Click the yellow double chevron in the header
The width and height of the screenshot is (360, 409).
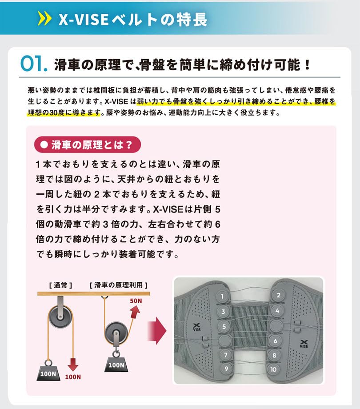[44, 18]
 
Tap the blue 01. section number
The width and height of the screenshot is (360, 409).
[34, 64]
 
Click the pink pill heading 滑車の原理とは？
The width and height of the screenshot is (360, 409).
[88, 144]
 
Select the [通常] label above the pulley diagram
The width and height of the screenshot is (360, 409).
[60, 285]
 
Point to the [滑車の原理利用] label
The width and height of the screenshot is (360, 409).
[119, 285]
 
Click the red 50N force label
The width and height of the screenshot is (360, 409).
[136, 301]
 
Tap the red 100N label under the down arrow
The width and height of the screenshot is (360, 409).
[73, 377]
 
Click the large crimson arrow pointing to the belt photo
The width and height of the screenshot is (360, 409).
[157, 331]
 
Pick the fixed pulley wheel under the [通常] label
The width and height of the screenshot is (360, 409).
[60, 317]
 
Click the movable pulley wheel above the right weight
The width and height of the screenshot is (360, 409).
[116, 333]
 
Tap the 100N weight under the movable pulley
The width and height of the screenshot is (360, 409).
[116, 364]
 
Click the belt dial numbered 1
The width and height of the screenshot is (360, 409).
[222, 297]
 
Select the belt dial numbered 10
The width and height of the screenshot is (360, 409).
[273, 369]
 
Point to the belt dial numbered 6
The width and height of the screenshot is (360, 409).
[275, 341]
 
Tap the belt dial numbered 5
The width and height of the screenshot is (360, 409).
[224, 326]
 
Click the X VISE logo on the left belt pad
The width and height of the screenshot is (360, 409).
[197, 327]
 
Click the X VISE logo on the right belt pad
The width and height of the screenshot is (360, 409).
[304, 344]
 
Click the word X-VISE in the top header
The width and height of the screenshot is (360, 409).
[84, 19]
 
